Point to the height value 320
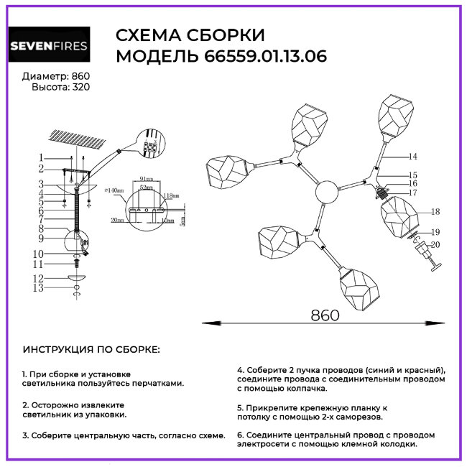pos(81,87)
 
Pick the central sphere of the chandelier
pos(325,193)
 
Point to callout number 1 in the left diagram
pos(42,157)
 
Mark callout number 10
pos(40,254)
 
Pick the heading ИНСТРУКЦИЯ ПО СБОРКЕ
pos(91,349)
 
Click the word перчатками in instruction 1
pos(154,384)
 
